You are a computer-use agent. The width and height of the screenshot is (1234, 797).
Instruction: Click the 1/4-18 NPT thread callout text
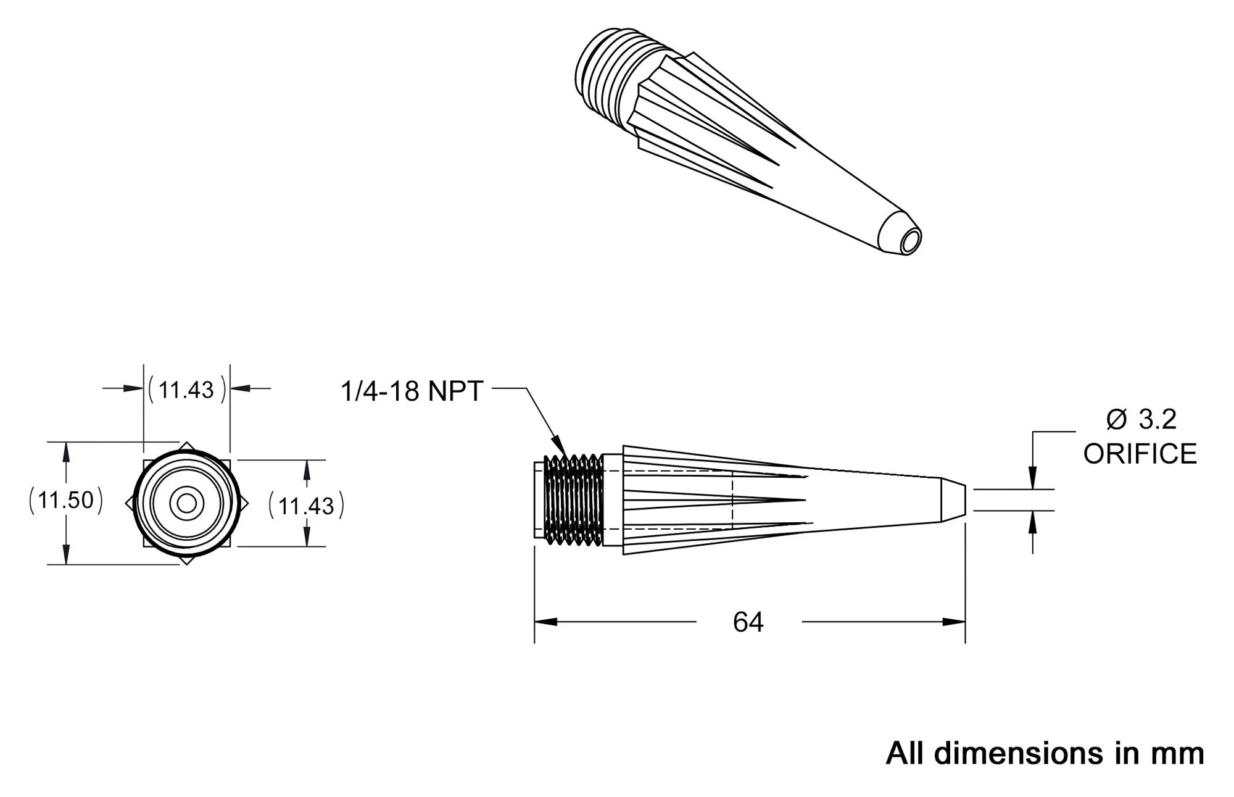point(412,391)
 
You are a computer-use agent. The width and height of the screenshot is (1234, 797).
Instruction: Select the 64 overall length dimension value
point(748,622)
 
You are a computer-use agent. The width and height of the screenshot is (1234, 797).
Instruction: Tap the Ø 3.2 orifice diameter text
point(1141,419)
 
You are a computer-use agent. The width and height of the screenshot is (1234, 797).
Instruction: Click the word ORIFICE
point(1140,454)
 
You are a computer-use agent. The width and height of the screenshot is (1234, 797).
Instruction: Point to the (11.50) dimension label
point(65,500)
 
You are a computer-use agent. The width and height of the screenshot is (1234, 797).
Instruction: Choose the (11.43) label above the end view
point(187,390)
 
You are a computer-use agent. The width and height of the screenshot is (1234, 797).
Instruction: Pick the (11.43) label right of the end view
point(306,506)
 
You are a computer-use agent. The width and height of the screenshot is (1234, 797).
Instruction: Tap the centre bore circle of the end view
point(186,504)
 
